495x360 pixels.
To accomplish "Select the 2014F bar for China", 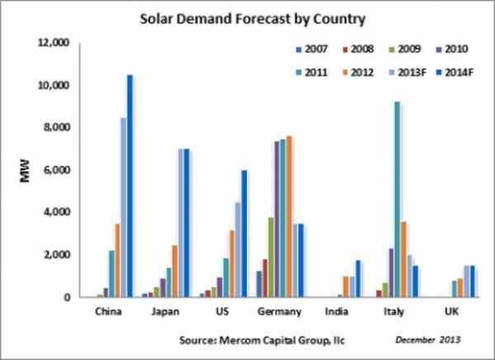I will tap(130, 186).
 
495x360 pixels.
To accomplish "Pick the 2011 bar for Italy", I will tap(375, 199).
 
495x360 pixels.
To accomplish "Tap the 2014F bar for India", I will tap(359, 278).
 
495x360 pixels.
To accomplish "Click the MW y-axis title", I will tap(25, 172).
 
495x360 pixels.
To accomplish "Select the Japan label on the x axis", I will tap(167, 314).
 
